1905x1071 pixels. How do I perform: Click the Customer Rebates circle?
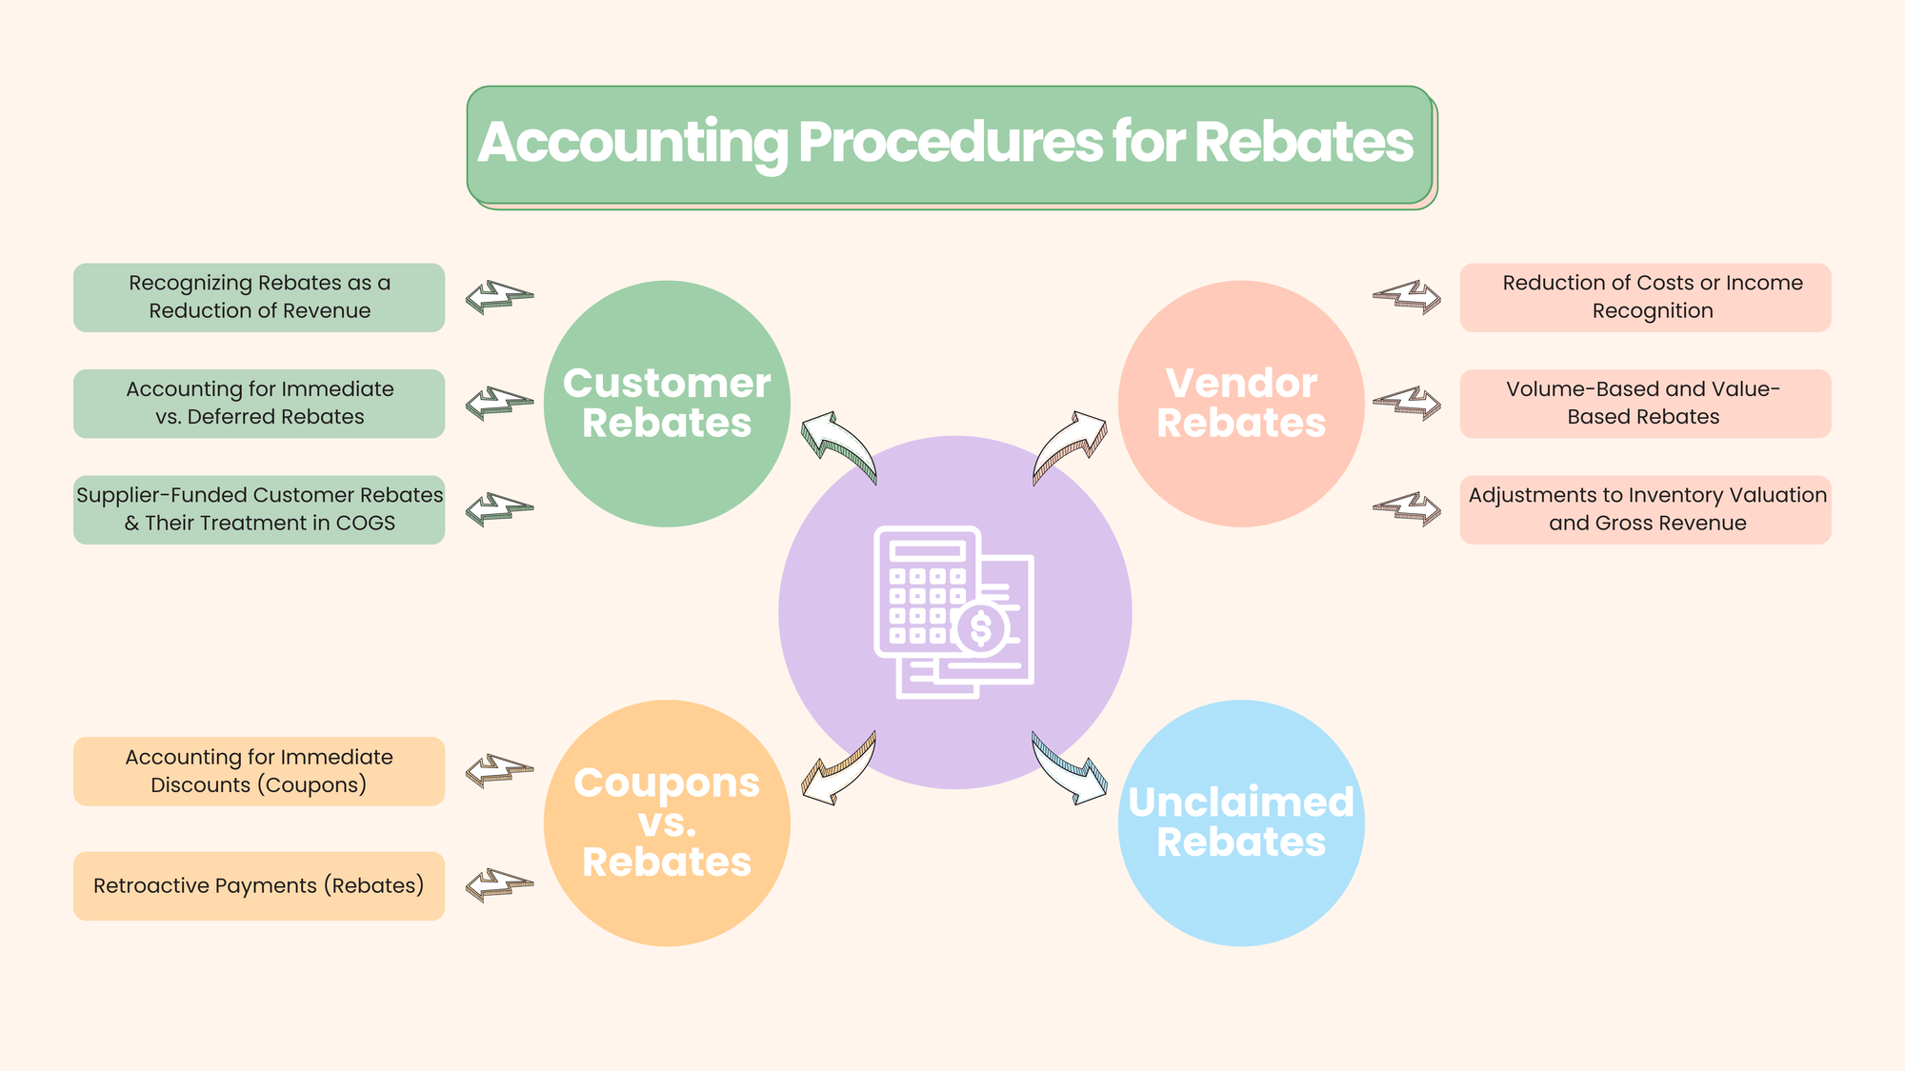667,404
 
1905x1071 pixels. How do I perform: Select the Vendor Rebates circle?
1240,404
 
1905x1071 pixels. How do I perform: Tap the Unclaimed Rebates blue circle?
1240,823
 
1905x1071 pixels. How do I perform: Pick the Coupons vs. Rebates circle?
667,823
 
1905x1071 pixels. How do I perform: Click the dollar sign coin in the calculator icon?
981,629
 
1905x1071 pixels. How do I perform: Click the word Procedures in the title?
950,143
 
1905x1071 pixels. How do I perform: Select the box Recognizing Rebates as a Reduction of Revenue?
259,298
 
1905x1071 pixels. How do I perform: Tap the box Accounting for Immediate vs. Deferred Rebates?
259,404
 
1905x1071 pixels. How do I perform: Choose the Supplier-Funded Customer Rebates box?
259,509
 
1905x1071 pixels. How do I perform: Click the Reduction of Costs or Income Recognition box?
1645,298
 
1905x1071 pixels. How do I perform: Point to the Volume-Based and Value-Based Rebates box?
1645,404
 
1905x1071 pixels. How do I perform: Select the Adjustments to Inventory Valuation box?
1645,509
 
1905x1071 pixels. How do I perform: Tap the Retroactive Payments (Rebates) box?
259,885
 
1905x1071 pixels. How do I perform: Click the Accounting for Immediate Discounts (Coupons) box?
259,771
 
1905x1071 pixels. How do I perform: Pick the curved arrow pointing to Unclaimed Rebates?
1070,768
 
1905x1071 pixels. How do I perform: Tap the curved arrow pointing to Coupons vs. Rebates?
838,768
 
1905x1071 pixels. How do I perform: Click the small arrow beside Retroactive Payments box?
498,884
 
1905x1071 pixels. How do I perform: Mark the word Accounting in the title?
632,143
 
